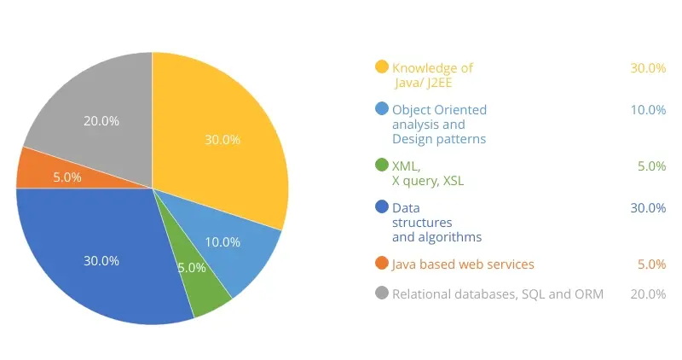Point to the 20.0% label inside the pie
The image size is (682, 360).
(101, 121)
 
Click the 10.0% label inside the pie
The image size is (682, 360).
(223, 242)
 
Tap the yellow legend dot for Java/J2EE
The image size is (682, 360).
(382, 67)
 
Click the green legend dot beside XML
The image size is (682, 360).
(382, 165)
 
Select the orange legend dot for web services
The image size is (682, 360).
(382, 264)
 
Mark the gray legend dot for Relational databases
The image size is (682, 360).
(382, 293)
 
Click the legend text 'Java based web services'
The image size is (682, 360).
(463, 264)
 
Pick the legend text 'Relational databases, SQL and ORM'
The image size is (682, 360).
(498, 294)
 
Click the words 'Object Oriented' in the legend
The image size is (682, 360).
(439, 110)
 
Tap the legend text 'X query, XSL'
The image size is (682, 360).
(428, 181)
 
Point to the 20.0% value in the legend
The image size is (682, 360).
(648, 294)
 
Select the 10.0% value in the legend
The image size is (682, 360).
(648, 110)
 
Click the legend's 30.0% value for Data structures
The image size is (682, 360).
(648, 208)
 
